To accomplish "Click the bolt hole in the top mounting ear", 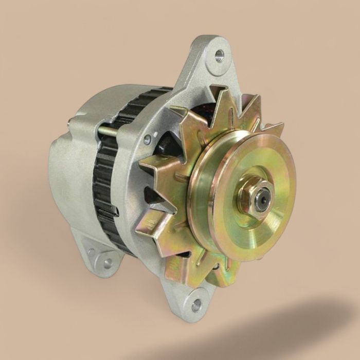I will (219, 53).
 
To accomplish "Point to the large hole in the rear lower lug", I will (107, 262).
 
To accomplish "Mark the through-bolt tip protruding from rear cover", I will (70, 122).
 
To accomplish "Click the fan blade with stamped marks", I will (149, 221).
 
